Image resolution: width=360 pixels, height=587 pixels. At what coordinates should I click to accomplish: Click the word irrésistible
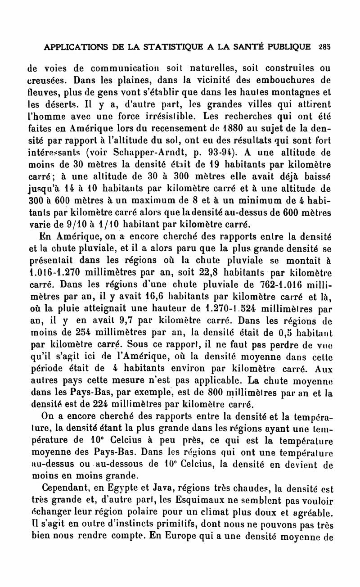coord(152,116)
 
